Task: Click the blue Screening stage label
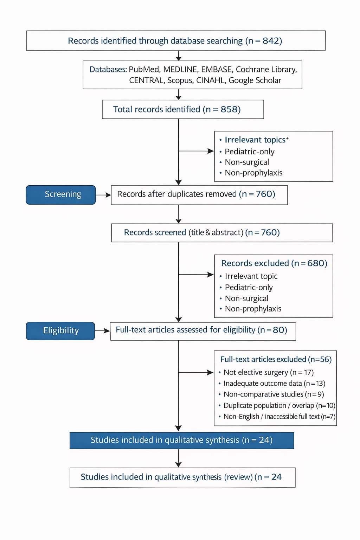[x=61, y=195]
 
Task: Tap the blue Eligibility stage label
[x=60, y=331]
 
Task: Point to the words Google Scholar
[x=255, y=80]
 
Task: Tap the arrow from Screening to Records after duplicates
[x=103, y=195]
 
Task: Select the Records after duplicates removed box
[x=199, y=195]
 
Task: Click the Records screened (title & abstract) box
[x=222, y=233]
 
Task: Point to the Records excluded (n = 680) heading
[x=274, y=263]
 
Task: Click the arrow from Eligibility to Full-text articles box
[x=102, y=331]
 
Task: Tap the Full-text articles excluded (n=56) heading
[x=276, y=359]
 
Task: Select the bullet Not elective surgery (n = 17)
[x=266, y=372]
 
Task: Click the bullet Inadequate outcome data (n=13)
[x=272, y=383]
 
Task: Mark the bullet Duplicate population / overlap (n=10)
[x=277, y=405]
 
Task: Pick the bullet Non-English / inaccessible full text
[x=277, y=417]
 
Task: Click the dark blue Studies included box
[x=182, y=441]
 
